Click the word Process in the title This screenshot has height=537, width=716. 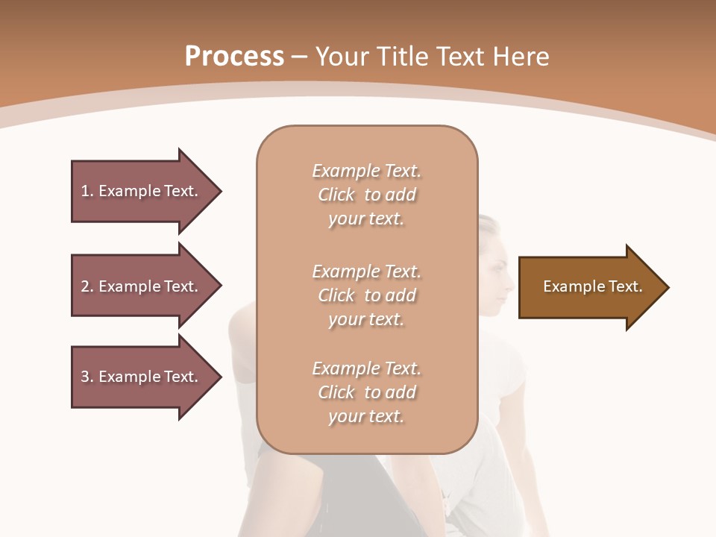[234, 57]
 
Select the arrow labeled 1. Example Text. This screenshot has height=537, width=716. [142, 191]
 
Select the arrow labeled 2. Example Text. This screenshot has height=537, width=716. [142, 286]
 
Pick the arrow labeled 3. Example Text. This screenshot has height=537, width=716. [142, 377]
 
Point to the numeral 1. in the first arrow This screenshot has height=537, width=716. [87, 191]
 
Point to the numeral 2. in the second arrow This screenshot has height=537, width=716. [87, 286]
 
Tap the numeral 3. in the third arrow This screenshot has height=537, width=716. [87, 377]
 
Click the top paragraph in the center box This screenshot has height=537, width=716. [366, 195]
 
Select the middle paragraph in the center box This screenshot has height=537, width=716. [366, 295]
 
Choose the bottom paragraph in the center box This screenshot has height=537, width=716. [366, 392]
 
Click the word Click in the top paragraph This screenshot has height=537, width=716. [336, 195]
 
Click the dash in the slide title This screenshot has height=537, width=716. [300, 57]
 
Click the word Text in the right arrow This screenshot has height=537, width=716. [626, 286]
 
